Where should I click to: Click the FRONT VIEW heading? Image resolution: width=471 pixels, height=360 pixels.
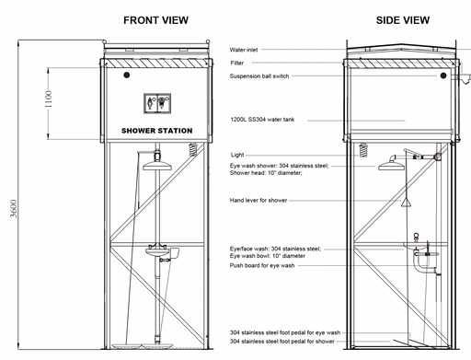tap(155, 20)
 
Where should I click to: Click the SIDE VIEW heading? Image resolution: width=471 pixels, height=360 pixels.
tap(403, 20)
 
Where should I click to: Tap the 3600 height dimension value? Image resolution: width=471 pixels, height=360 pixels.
tap(14, 208)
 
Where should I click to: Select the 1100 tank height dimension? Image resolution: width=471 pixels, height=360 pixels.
tap(49, 99)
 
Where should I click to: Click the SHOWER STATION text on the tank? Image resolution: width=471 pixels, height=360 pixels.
tap(157, 131)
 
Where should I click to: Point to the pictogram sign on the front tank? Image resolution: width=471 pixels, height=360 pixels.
tap(157, 103)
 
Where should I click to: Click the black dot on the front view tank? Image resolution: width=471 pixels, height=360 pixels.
tap(127, 75)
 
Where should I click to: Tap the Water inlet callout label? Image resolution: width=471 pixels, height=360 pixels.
tap(244, 50)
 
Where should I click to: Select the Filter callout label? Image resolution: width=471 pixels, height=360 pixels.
tap(237, 63)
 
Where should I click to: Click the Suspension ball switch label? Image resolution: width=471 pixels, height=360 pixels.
tap(259, 76)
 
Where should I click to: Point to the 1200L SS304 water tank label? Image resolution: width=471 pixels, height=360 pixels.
tap(262, 120)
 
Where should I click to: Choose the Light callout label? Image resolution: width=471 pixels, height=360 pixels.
tap(237, 155)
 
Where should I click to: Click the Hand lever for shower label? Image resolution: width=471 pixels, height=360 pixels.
tap(258, 201)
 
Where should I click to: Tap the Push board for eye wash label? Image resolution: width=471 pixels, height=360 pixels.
tap(262, 265)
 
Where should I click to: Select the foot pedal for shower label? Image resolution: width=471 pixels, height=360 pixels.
tap(282, 342)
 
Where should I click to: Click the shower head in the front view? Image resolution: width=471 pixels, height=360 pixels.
tap(157, 166)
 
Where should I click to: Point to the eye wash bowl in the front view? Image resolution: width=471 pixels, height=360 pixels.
tap(157, 252)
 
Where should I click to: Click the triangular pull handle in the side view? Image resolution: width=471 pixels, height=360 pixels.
tap(406, 203)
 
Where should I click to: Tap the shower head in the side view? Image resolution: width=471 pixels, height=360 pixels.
tap(392, 165)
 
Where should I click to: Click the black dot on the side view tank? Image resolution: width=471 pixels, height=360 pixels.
tap(443, 75)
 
